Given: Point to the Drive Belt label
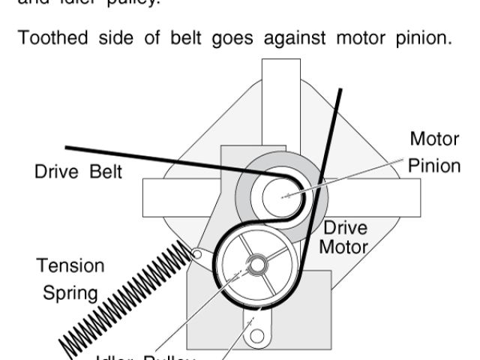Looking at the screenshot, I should coord(78,172).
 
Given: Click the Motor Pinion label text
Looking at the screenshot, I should coord(434,152).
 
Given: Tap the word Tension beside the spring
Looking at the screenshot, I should coord(71,266).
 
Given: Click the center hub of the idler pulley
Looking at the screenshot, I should coord(256,264).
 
